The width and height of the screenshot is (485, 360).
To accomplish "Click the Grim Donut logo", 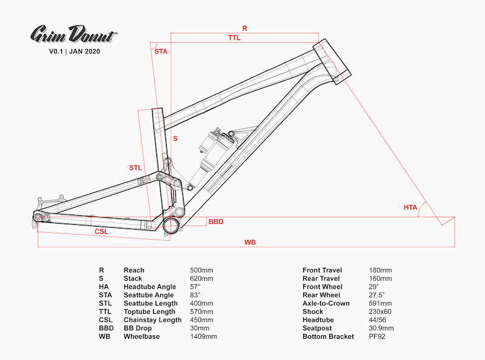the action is click(74, 35).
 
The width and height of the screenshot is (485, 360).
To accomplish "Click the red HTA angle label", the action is click(410, 207).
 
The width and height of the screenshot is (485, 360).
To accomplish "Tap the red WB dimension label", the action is click(250, 242).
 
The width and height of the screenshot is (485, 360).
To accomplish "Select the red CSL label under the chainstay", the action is click(101, 232).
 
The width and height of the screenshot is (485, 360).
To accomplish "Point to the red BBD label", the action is click(216, 222).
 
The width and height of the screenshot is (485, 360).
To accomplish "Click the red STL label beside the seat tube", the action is click(135, 168).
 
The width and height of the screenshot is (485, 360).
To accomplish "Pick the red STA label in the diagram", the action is click(161, 52).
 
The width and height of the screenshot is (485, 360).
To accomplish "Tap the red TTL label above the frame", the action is click(234, 38).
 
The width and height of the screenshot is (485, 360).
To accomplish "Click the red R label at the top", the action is click(245, 28).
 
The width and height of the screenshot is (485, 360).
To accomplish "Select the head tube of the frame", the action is click(332, 61).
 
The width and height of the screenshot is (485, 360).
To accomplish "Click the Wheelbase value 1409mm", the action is click(203, 336).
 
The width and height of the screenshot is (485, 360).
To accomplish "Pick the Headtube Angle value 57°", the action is click(195, 287).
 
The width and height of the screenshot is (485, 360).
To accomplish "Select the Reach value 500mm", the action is click(201, 270).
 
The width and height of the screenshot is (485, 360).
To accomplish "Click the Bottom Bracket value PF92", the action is click(377, 336).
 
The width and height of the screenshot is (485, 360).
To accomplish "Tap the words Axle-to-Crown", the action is click(326, 304).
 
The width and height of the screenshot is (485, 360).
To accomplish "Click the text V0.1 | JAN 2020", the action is click(75, 52).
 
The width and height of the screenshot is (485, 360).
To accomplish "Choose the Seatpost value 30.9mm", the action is click(381, 328).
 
